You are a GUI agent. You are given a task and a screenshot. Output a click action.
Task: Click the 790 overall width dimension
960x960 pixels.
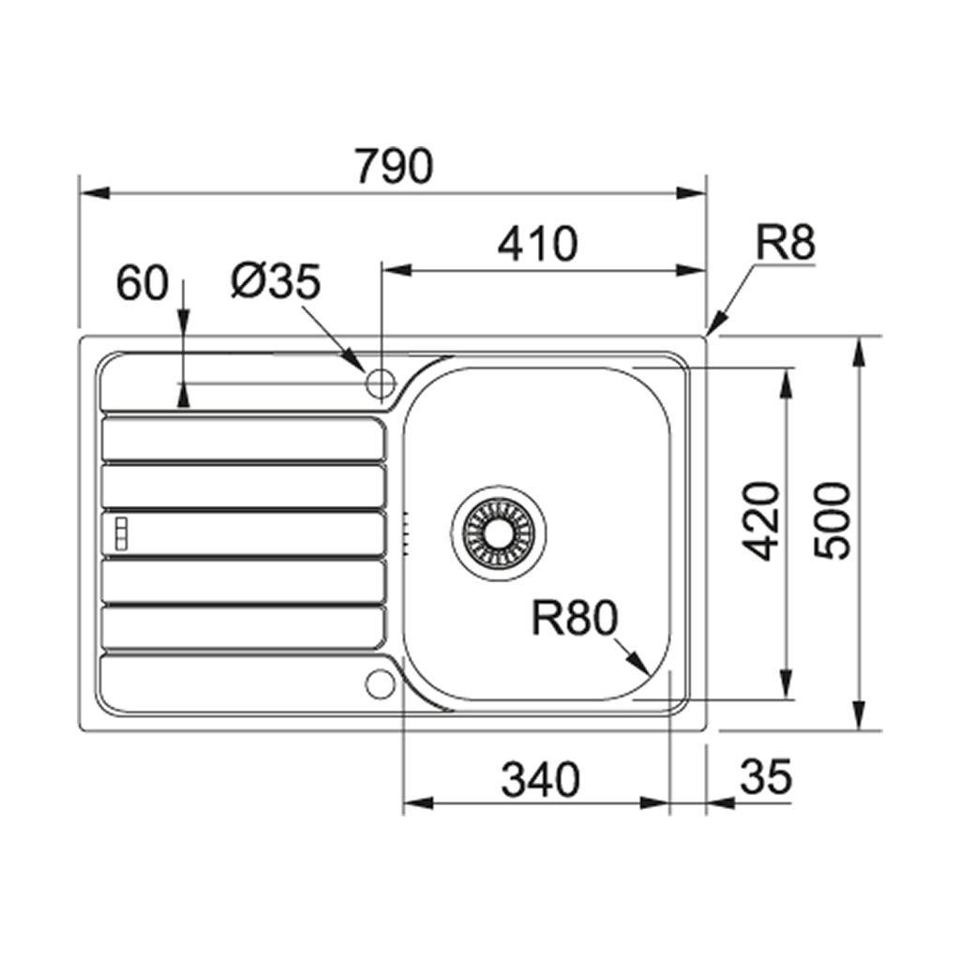[x=394, y=167]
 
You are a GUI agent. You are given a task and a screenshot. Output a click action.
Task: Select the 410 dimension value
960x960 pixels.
[x=537, y=245]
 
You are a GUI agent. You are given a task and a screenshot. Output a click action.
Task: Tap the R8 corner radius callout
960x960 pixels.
[x=786, y=244]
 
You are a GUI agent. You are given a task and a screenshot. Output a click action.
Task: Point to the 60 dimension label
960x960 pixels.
[x=142, y=283]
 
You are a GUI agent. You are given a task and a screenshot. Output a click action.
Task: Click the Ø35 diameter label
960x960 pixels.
[x=276, y=281]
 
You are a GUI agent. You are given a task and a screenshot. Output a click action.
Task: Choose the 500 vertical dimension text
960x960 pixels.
[x=832, y=521]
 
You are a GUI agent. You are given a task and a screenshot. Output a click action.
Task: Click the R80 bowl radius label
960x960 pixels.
[x=575, y=619]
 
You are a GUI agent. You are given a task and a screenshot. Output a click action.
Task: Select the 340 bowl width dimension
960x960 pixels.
[x=541, y=779]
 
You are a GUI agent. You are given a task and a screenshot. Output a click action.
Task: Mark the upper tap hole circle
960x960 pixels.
[x=380, y=382]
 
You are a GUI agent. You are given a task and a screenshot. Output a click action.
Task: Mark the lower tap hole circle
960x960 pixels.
[x=379, y=683]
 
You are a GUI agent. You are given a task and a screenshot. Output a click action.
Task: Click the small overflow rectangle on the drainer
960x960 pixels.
[x=119, y=533]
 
